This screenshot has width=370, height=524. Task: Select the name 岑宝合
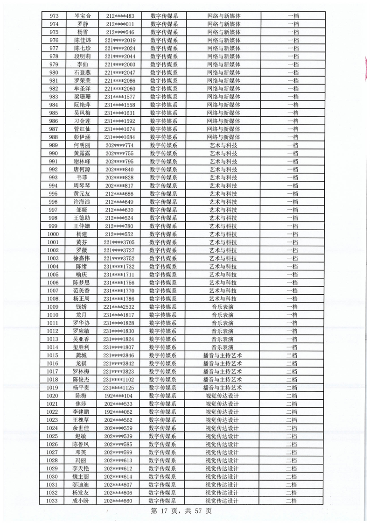pyautogui.click(x=83, y=16)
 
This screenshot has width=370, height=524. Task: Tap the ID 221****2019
pyautogui.click(x=120, y=40)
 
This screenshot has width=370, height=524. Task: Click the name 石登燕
pyautogui.click(x=83, y=72)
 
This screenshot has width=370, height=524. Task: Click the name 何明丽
pyautogui.click(x=82, y=145)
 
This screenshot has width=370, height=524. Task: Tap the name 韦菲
pyautogui.click(x=82, y=177)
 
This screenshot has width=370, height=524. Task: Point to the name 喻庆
pyautogui.click(x=82, y=274)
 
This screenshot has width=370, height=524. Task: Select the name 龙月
pyautogui.click(x=82, y=315)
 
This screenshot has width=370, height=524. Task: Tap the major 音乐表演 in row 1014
pyautogui.click(x=223, y=347)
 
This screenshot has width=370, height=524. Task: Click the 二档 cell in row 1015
pyautogui.click(x=292, y=355)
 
